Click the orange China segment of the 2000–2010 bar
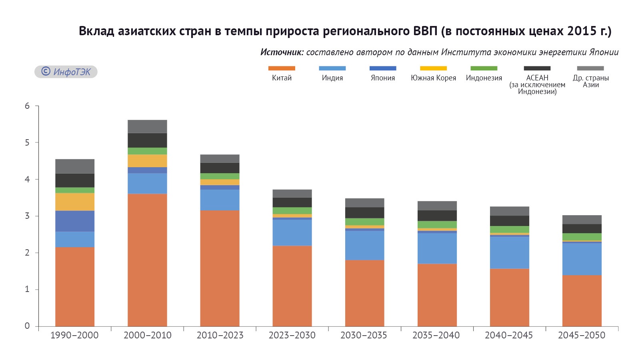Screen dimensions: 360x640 pos(147,260)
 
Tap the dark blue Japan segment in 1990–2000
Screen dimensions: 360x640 pos(75,221)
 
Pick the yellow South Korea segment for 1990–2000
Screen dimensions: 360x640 pos(75,202)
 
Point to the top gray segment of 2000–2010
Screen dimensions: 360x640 pos(147,126)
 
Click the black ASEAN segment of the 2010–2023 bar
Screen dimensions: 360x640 pos(220,168)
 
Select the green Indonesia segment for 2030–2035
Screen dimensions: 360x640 pos(364,222)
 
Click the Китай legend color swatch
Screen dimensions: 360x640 pos(282,68)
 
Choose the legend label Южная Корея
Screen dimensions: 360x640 pos(433,78)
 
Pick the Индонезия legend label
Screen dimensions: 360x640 pos(484,78)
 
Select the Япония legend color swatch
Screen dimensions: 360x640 pos(383,68)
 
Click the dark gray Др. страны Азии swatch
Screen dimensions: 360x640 pos(590,68)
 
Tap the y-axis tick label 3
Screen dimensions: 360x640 pos(27,216)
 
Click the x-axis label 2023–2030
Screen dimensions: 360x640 pos(292,335)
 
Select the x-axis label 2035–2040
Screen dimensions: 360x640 pos(436,335)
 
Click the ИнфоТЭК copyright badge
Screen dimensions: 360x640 pos(66,72)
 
